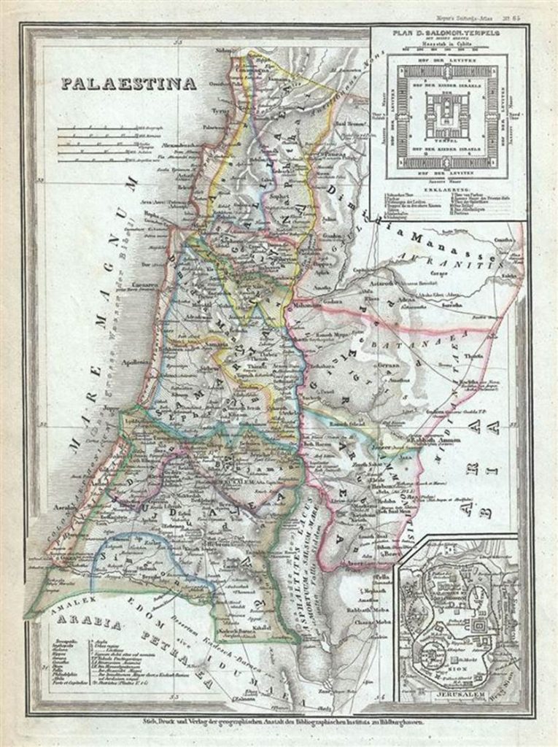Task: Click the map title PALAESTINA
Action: [128, 82]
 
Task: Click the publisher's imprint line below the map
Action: [279, 723]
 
